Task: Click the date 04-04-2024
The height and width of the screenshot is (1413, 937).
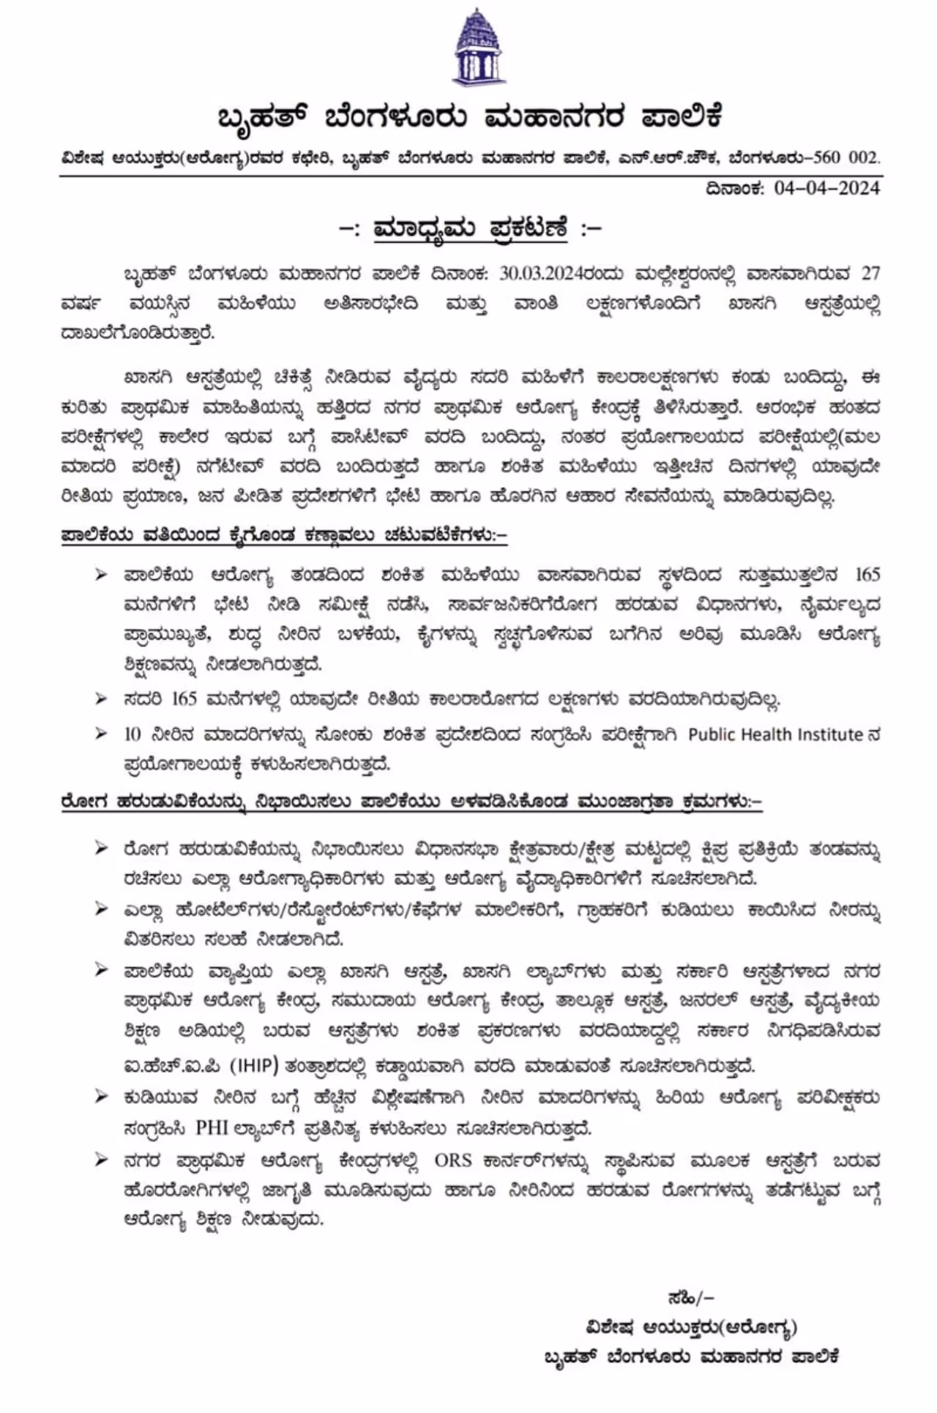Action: pos(826,188)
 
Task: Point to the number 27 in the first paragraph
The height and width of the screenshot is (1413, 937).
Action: pos(870,273)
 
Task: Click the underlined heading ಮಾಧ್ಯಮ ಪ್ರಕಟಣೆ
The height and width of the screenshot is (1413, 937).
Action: pos(470,228)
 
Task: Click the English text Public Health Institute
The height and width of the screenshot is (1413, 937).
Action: pos(775,734)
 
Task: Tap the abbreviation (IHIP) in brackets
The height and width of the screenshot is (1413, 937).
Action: pos(255,1066)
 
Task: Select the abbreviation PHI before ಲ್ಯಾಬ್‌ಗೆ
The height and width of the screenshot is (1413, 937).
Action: pos(212,1127)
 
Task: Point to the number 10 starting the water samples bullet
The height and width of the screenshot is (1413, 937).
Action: pos(132,734)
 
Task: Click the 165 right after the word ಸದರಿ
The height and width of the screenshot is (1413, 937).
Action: pos(184,698)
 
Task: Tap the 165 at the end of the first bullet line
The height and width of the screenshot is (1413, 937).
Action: pos(867,574)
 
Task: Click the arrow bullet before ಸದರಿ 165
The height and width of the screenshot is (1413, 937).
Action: pos(101,698)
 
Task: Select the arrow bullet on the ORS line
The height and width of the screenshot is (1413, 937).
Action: pos(101,1160)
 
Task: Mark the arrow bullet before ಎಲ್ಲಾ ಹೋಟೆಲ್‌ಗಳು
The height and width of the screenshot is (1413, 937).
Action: pos(101,909)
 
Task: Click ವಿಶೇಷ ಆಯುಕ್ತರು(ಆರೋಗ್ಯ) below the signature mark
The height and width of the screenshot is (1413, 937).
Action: pos(690,1327)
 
